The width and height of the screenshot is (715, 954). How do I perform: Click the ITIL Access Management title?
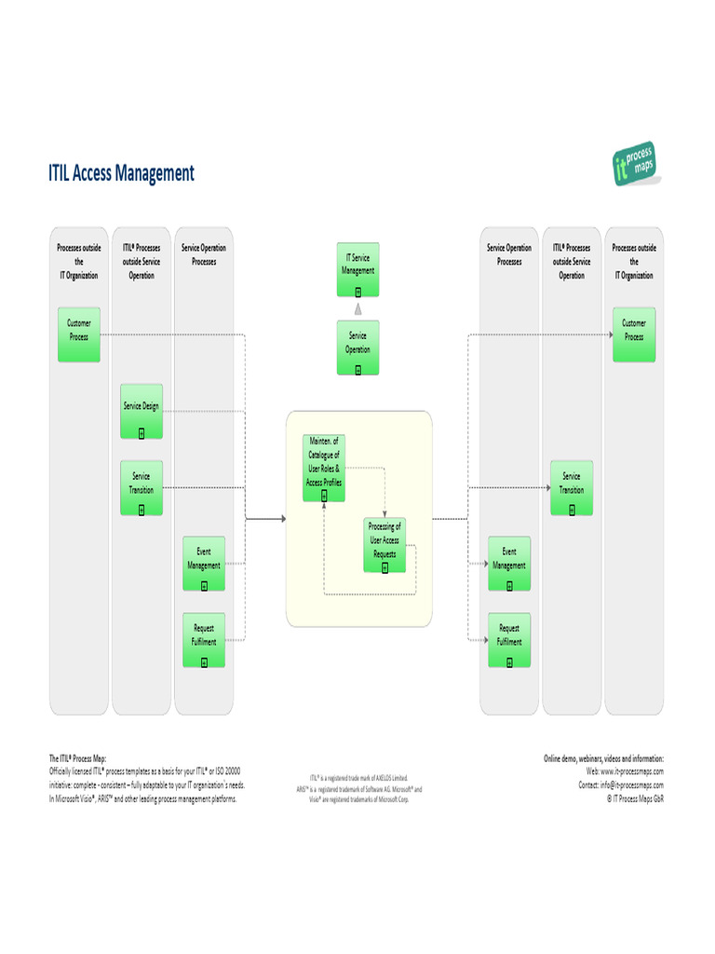(121, 173)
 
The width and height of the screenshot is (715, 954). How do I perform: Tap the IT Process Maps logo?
(634, 164)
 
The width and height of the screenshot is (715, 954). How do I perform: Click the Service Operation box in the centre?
(358, 348)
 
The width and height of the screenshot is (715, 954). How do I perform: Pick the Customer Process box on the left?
(79, 334)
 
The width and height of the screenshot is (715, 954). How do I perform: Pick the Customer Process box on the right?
(634, 334)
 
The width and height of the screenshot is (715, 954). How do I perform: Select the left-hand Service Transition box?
(142, 487)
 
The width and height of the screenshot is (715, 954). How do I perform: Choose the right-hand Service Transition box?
(572, 487)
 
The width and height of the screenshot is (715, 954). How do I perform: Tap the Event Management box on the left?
(204, 563)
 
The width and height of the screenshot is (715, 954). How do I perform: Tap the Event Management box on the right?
(509, 563)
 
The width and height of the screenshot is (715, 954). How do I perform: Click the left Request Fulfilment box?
(204, 640)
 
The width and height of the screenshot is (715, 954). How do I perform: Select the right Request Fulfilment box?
(509, 640)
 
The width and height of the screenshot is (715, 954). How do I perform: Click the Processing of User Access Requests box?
(385, 545)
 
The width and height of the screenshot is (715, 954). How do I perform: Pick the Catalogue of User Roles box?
(324, 468)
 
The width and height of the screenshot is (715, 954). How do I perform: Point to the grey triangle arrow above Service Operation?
(358, 308)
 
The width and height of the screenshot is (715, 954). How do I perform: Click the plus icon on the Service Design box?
(142, 432)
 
